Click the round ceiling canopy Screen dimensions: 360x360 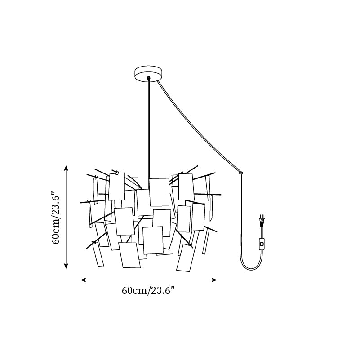(148, 73)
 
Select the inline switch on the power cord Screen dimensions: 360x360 (261, 243)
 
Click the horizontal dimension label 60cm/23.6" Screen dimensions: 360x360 (149, 291)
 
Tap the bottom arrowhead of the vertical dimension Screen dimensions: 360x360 (66, 266)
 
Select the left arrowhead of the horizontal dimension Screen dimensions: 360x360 (83, 280)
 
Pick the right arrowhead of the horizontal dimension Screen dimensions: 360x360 (214, 280)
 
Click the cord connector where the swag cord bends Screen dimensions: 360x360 (240, 173)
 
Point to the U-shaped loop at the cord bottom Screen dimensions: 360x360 (251, 264)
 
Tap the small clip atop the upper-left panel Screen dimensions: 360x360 (117, 173)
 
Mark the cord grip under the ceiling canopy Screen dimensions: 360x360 (149, 78)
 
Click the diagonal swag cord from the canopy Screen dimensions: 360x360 (199, 126)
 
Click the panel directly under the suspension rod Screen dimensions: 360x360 (159, 192)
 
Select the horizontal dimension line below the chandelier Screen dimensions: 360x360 (149, 280)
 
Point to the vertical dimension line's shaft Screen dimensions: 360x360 (66, 217)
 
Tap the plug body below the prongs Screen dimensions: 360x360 (261, 222)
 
